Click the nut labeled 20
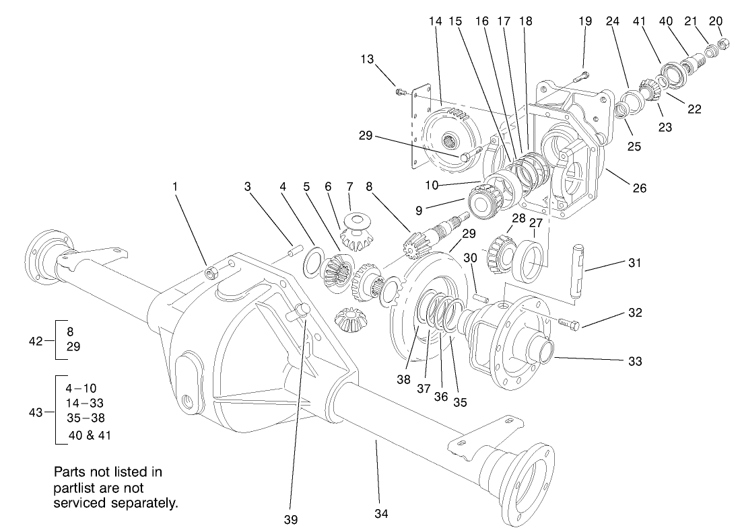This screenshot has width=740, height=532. pyautogui.click(x=721, y=45)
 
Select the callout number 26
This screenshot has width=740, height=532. pyautogui.click(x=639, y=188)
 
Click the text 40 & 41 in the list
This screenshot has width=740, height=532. pyautogui.click(x=90, y=435)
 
